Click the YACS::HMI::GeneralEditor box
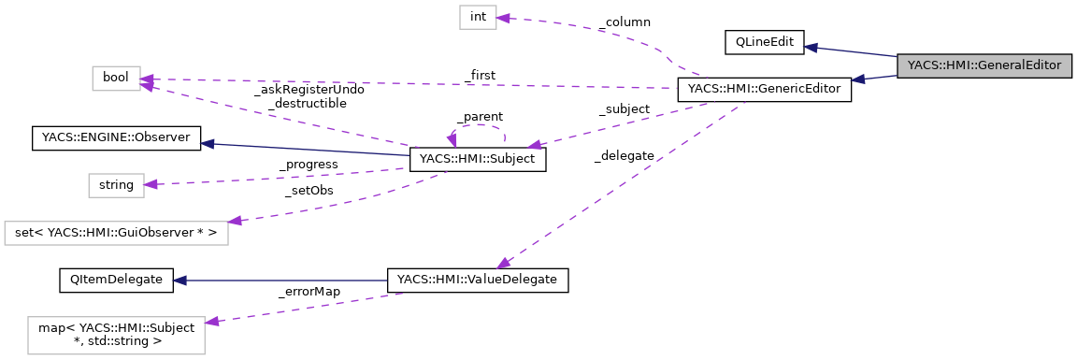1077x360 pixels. [x=984, y=65]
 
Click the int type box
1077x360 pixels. [x=477, y=18]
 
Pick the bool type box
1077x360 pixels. [x=116, y=79]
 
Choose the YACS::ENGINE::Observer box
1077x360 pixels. [x=116, y=138]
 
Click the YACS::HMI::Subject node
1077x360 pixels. [x=477, y=160]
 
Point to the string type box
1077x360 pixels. [x=116, y=185]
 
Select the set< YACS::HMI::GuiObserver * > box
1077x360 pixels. [x=116, y=231]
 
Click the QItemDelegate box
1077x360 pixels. [x=116, y=279]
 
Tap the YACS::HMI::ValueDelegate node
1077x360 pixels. [x=478, y=279]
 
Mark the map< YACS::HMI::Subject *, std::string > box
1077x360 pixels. [x=116, y=335]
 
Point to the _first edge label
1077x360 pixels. [x=480, y=75]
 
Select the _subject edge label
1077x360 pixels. [x=624, y=109]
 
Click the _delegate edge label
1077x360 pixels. [x=624, y=156]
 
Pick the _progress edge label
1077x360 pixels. [x=309, y=165]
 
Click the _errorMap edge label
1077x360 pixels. [x=309, y=291]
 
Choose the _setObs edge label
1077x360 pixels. [x=309, y=190]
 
